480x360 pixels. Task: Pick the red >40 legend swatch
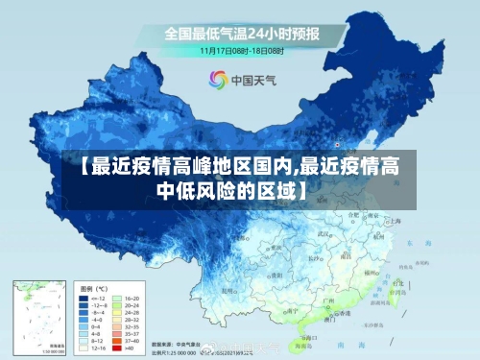click(x=119, y=348)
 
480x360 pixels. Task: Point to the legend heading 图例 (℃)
click(x=94, y=288)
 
